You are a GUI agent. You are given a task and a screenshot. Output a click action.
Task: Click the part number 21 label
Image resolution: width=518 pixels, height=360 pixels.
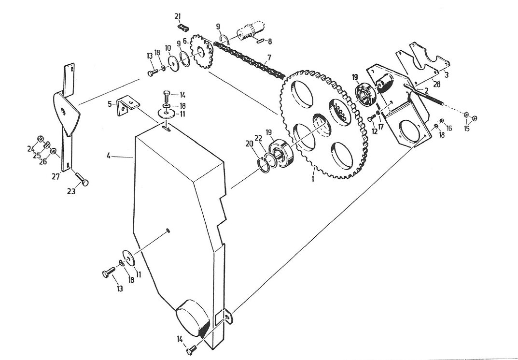(178, 16)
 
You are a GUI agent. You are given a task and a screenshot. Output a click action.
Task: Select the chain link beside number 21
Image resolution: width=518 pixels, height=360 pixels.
(183, 28)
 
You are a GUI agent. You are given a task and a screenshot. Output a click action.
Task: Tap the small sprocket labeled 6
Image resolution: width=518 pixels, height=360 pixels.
(202, 52)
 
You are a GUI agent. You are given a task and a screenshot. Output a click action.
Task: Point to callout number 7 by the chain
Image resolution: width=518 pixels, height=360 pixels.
(269, 58)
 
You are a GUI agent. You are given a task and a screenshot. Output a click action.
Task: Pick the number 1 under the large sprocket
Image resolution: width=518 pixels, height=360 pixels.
(313, 178)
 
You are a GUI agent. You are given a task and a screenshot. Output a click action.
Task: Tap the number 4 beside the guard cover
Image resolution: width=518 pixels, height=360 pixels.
(109, 156)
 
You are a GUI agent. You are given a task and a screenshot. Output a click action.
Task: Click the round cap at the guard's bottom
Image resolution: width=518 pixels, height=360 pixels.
(192, 318)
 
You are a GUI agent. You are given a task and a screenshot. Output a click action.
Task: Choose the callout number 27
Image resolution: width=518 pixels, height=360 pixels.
(56, 176)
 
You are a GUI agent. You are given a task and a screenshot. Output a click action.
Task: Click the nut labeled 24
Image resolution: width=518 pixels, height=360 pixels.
(41, 139)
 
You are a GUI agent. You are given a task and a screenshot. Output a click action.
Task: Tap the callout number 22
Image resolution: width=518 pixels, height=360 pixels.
(258, 138)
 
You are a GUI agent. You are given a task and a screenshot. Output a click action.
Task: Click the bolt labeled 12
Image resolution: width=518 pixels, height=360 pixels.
(372, 118)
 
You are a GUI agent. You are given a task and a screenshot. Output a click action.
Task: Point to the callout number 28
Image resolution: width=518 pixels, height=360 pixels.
(437, 84)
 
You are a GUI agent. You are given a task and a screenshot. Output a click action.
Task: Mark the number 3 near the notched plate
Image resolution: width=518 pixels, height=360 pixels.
(447, 75)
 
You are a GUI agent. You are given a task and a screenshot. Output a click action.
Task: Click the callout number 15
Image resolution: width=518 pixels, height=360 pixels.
(466, 128)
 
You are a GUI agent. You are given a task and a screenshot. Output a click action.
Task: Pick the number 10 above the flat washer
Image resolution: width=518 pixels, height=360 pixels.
(168, 48)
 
